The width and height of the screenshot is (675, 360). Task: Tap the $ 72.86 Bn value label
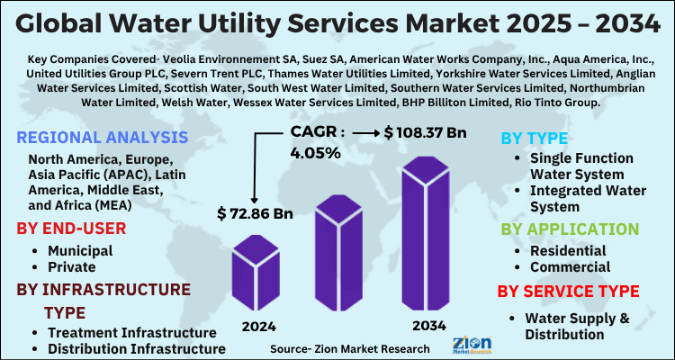(x=255, y=213)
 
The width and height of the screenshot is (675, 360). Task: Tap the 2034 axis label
(x=427, y=327)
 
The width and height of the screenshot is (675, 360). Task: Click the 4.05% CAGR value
(x=315, y=153)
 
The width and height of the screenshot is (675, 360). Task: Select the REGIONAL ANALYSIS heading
(x=103, y=137)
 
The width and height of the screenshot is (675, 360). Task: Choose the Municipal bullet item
(x=80, y=250)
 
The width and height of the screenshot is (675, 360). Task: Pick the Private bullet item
(x=72, y=267)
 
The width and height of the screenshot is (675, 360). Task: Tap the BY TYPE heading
(x=533, y=138)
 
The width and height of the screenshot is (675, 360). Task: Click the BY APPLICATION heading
(x=570, y=229)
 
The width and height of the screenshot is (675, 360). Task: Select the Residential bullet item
(x=568, y=250)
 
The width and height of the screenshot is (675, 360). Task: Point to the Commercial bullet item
(x=570, y=267)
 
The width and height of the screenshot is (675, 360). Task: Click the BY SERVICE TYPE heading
(x=569, y=292)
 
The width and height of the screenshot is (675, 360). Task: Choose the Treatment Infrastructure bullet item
(x=125, y=333)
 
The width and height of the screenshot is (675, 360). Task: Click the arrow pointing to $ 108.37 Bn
(x=365, y=133)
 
